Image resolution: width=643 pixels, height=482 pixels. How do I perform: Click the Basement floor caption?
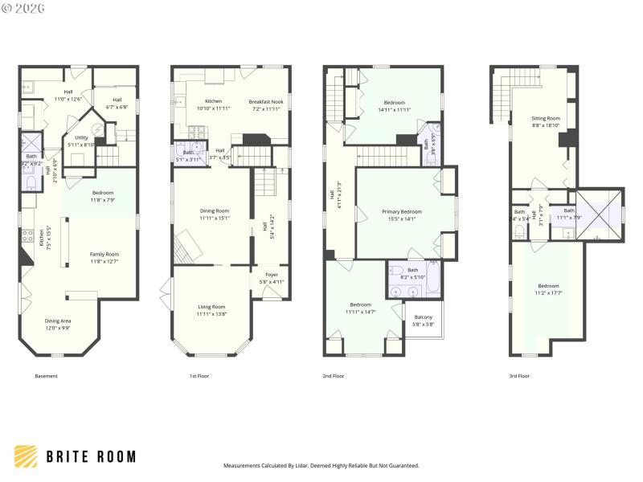click(x=46, y=376)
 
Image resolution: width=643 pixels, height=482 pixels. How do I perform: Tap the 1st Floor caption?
click(x=199, y=376)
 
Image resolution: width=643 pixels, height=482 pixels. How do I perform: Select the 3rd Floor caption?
click(x=519, y=376)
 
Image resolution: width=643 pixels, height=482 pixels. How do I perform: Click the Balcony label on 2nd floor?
click(x=422, y=321)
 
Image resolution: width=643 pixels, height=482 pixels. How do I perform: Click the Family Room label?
click(x=104, y=257)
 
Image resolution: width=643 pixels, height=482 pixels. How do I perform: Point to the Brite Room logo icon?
click(x=27, y=456)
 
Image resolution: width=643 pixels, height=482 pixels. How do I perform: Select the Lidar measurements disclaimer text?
click(x=321, y=465)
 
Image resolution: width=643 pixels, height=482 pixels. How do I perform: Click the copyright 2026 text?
click(x=23, y=7)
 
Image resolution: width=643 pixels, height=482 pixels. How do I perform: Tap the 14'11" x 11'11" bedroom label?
click(x=394, y=106)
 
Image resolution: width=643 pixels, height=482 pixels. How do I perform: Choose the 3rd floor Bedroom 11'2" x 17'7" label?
click(x=548, y=289)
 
